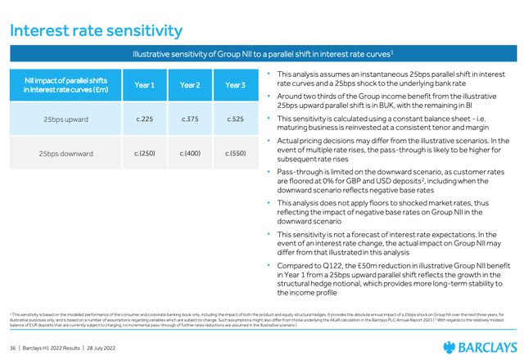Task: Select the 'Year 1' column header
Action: click(x=145, y=85)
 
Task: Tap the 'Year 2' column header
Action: click(x=190, y=85)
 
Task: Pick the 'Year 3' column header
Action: click(x=235, y=85)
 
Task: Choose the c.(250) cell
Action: click(x=145, y=153)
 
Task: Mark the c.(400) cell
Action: click(x=190, y=153)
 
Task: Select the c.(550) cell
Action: click(x=235, y=153)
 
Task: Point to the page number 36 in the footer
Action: click(x=13, y=348)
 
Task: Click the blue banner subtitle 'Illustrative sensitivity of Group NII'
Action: click(x=262, y=54)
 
